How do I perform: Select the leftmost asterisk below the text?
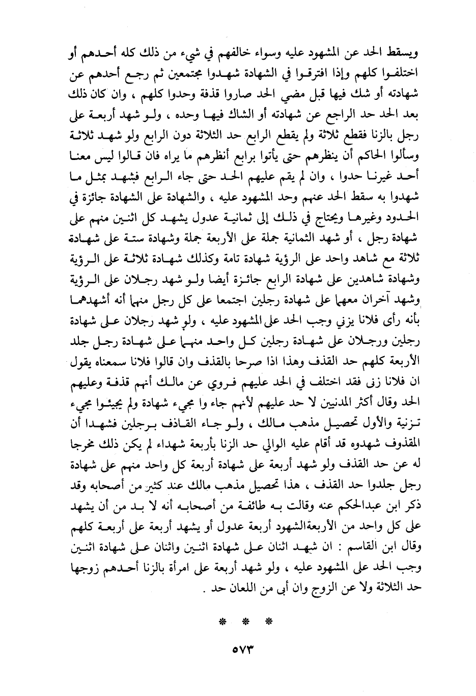[x=222, y=622]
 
